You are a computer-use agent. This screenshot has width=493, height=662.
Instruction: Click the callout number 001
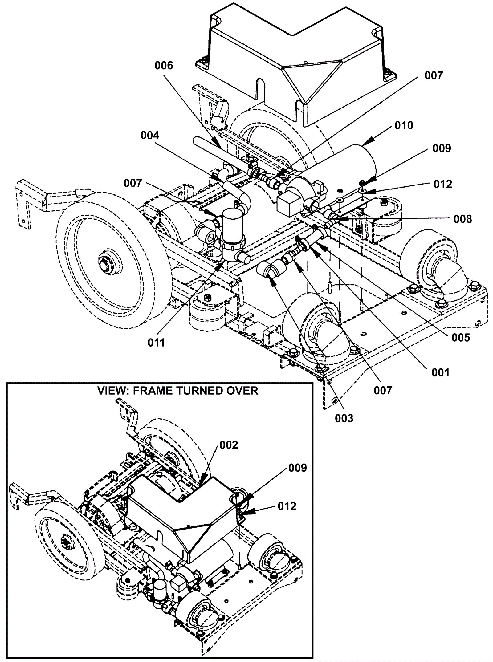point(440,373)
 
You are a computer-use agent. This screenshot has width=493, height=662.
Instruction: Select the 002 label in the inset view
point(229,445)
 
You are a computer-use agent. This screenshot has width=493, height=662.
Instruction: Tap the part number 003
point(344,418)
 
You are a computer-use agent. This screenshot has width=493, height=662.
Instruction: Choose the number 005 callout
point(461,338)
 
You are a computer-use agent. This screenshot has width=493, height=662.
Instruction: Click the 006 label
point(164,66)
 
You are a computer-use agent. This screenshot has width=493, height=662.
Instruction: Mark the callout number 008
point(462,219)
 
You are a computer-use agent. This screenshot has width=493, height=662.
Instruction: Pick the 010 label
point(404,125)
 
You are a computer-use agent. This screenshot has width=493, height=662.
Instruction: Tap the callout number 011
point(156,343)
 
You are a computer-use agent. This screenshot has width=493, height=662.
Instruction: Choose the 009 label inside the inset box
point(298,468)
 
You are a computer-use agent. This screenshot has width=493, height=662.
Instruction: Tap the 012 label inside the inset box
point(287,506)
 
